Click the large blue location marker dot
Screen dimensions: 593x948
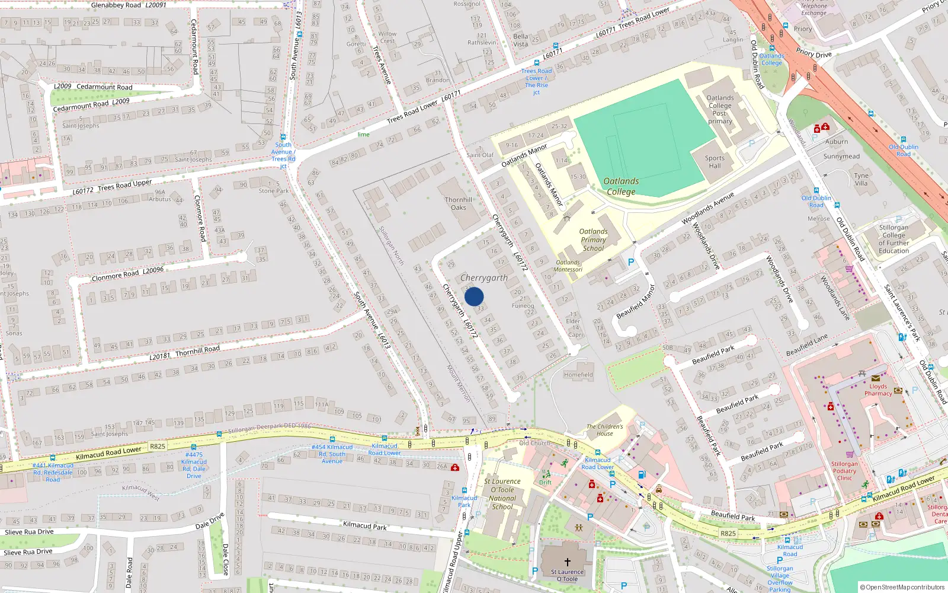474,296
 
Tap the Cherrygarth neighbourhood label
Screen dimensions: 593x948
484,278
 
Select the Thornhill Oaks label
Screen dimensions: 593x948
459,203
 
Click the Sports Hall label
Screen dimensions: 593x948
715,162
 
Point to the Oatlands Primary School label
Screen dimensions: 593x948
593,240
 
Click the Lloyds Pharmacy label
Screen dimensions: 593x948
878,390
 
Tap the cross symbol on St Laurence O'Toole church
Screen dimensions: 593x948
567,562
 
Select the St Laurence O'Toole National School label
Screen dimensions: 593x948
502,494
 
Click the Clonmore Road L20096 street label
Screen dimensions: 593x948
127,274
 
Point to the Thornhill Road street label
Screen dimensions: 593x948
197,350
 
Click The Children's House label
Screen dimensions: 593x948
604,430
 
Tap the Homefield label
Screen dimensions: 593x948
578,375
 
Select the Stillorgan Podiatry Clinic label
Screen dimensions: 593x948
844,471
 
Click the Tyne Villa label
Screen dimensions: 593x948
861,179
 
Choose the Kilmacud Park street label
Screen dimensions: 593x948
364,525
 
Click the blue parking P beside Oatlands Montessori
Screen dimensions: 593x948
630,262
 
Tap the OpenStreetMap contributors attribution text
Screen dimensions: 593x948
902,587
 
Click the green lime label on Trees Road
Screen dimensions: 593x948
363,135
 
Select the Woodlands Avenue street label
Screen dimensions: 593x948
707,208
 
